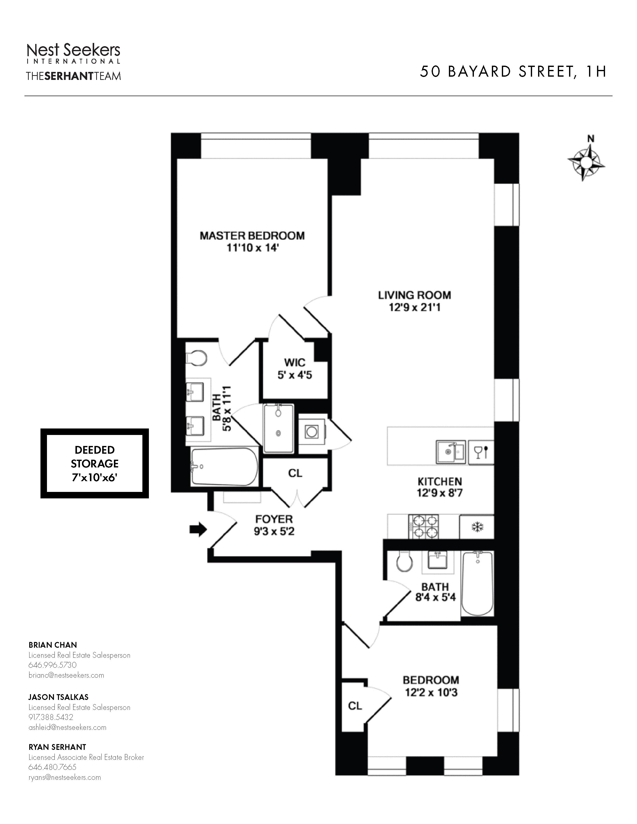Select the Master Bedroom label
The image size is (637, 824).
[x=252, y=236]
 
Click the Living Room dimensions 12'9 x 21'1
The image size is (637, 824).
[x=415, y=307]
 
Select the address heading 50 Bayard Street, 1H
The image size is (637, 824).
[x=513, y=72]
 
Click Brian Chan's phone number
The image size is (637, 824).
[x=52, y=665]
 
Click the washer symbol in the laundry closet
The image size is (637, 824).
[x=312, y=432]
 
